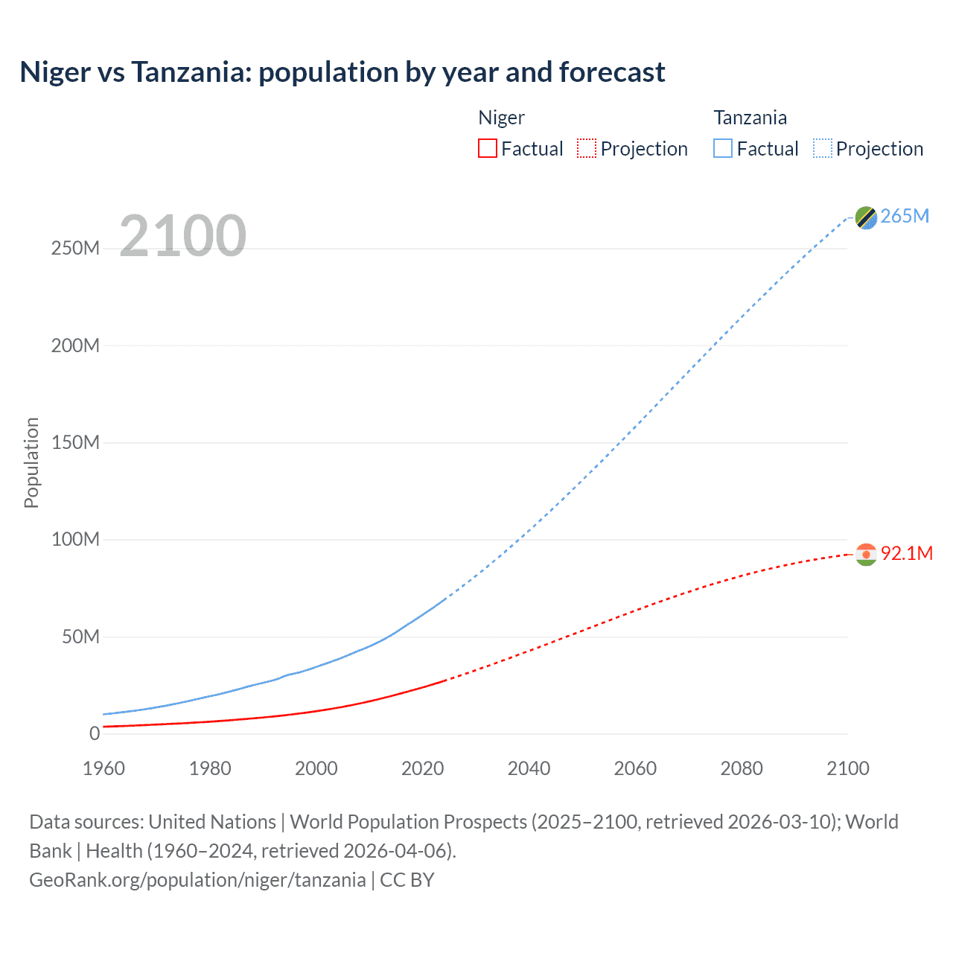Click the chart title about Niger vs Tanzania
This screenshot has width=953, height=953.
pos(342,72)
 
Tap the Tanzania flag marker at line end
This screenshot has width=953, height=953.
pos(866,217)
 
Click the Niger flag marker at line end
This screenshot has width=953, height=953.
pos(866,555)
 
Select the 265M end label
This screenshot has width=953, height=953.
pos(905,216)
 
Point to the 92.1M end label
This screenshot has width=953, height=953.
pos(906,553)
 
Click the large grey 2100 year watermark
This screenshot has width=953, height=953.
pos(182,236)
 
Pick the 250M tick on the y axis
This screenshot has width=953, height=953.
pos(75,249)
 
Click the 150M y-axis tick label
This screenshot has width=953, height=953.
pos(75,443)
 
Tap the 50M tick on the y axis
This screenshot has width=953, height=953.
pos(80,637)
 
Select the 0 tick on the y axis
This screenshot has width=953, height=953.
pos(95,734)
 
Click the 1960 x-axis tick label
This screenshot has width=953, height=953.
pos(103,768)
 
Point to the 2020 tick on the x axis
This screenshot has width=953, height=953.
pos(422,768)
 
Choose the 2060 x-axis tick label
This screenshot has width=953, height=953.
pos(635,768)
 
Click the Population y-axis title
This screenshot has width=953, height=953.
pos(31,462)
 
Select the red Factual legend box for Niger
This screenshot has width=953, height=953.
pos(488,149)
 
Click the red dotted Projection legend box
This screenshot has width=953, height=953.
pos(587,149)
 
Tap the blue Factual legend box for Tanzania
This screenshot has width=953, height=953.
pos(723,149)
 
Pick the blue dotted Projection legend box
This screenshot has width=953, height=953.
pos(823,149)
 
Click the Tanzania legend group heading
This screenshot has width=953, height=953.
pos(750,118)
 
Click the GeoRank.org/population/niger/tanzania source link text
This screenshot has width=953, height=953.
pos(197,880)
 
